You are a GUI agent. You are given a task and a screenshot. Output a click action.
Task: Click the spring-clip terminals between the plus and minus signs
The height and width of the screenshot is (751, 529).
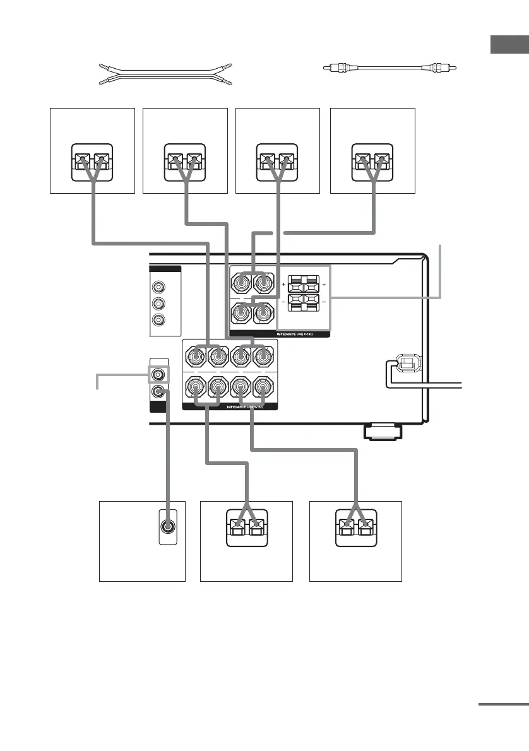(x=304, y=293)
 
